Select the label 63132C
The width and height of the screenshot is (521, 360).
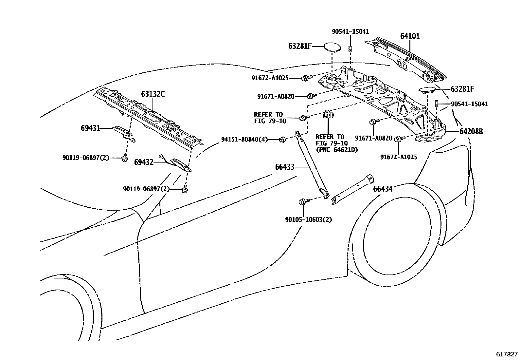coord(153,94)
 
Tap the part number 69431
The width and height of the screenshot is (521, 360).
coord(90,128)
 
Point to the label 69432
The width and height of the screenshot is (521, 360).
coord(144,162)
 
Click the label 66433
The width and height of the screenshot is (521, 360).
coord(285,167)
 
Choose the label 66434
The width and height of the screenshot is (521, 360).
coord(383,189)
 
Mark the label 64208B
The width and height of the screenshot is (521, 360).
coord(471,132)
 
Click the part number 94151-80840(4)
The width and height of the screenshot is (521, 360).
coord(244,140)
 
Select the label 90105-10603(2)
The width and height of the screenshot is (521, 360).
coord(308,220)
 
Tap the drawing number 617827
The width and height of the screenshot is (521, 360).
coord(506,354)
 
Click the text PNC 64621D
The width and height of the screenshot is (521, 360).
coord(337,150)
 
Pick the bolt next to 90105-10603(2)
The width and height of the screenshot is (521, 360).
coord(302,202)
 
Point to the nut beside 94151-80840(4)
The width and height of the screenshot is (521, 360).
coord(282,140)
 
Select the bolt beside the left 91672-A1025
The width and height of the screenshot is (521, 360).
coord(306,78)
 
